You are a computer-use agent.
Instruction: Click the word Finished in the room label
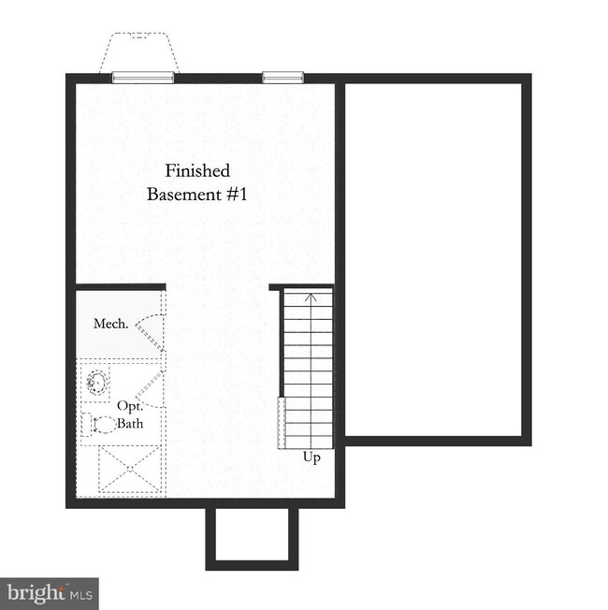197,170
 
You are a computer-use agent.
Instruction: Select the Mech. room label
110,324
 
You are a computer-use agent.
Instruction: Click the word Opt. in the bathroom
128,405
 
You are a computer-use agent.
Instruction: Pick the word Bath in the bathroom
130,423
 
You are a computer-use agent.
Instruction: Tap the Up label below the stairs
312,457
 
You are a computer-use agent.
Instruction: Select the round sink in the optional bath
96,382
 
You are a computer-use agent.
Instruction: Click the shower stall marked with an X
131,471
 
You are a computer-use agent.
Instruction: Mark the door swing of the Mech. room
151,326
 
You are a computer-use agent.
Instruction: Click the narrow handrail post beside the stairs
280,423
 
